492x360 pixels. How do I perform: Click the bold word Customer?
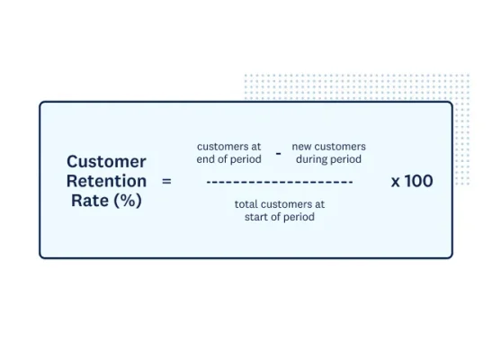pos(106,162)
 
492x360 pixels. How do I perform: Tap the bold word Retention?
pos(106,181)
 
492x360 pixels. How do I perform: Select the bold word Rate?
pos(89,201)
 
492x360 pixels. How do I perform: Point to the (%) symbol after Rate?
pos(127,201)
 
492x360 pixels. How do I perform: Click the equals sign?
pos(165,181)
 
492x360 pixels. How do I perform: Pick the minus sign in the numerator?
pos(278,154)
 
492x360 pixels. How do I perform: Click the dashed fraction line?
pos(279,182)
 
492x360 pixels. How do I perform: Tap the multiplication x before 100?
pos(396,181)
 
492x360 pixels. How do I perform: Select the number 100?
pos(418,181)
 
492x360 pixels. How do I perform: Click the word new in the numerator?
pos(301,146)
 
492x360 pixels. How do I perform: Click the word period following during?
pos(346,159)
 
